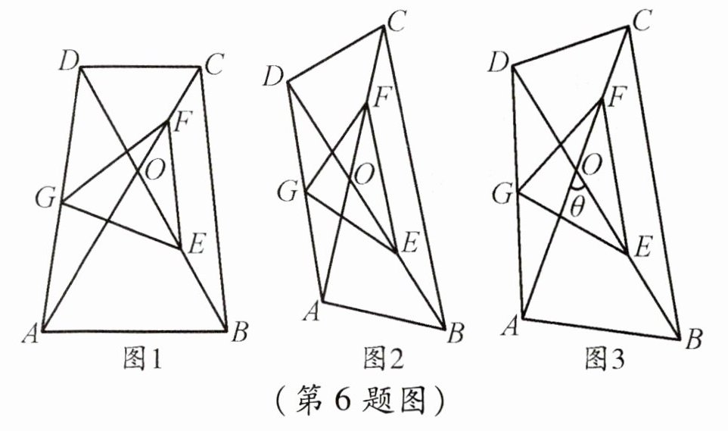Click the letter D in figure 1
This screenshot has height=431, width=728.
click(67, 60)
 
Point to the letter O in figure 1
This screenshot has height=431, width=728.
click(154, 172)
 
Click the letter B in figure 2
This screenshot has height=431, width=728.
click(456, 331)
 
